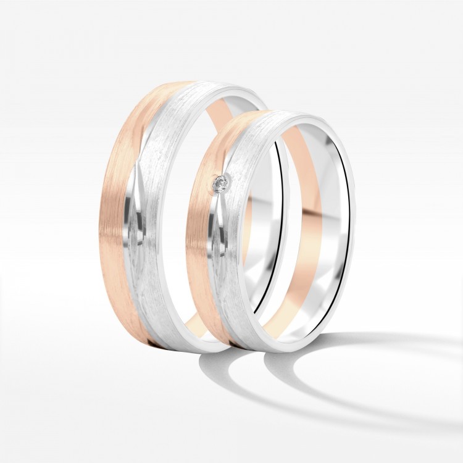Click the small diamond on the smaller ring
tap(219, 183)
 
